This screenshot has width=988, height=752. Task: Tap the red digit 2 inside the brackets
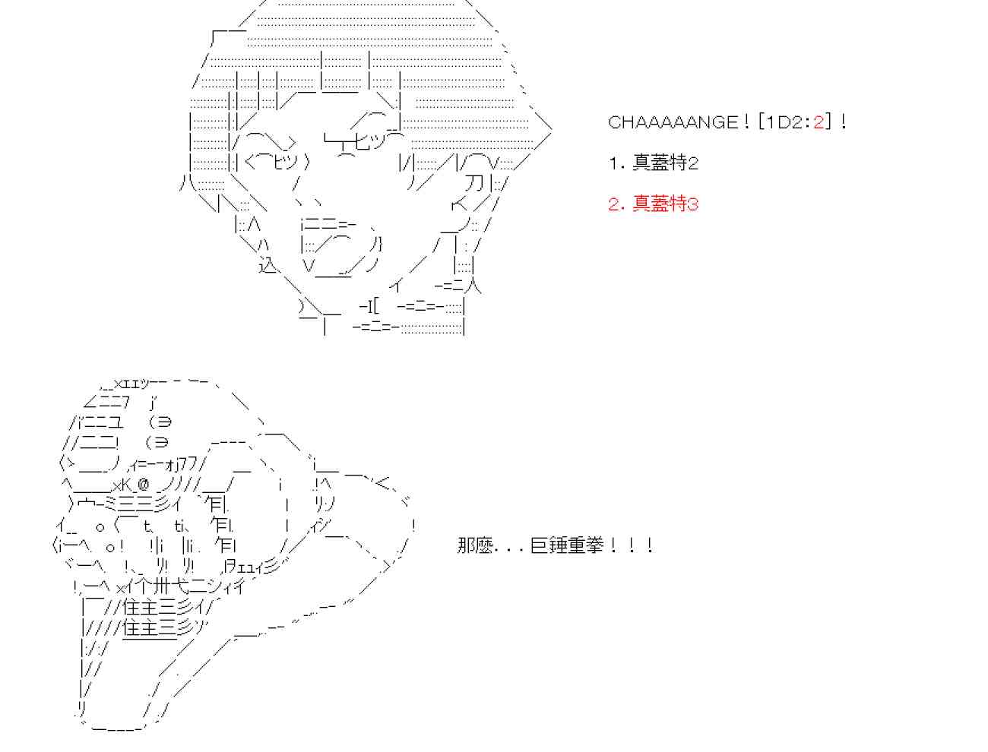(x=819, y=122)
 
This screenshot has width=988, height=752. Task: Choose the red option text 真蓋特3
(x=665, y=204)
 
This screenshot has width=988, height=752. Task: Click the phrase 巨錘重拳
(x=566, y=545)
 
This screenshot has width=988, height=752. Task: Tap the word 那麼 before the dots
(x=475, y=545)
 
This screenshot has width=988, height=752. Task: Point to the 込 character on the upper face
(x=269, y=265)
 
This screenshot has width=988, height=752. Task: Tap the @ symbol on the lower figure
(x=143, y=485)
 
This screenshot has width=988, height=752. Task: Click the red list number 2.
(x=614, y=204)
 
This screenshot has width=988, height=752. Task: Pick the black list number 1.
(x=614, y=163)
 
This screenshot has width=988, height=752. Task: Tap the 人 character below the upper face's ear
(x=472, y=286)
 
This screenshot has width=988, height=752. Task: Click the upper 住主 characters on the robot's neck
(x=140, y=608)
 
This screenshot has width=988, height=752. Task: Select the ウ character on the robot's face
(x=84, y=505)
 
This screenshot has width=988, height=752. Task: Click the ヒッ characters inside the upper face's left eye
(x=285, y=162)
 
